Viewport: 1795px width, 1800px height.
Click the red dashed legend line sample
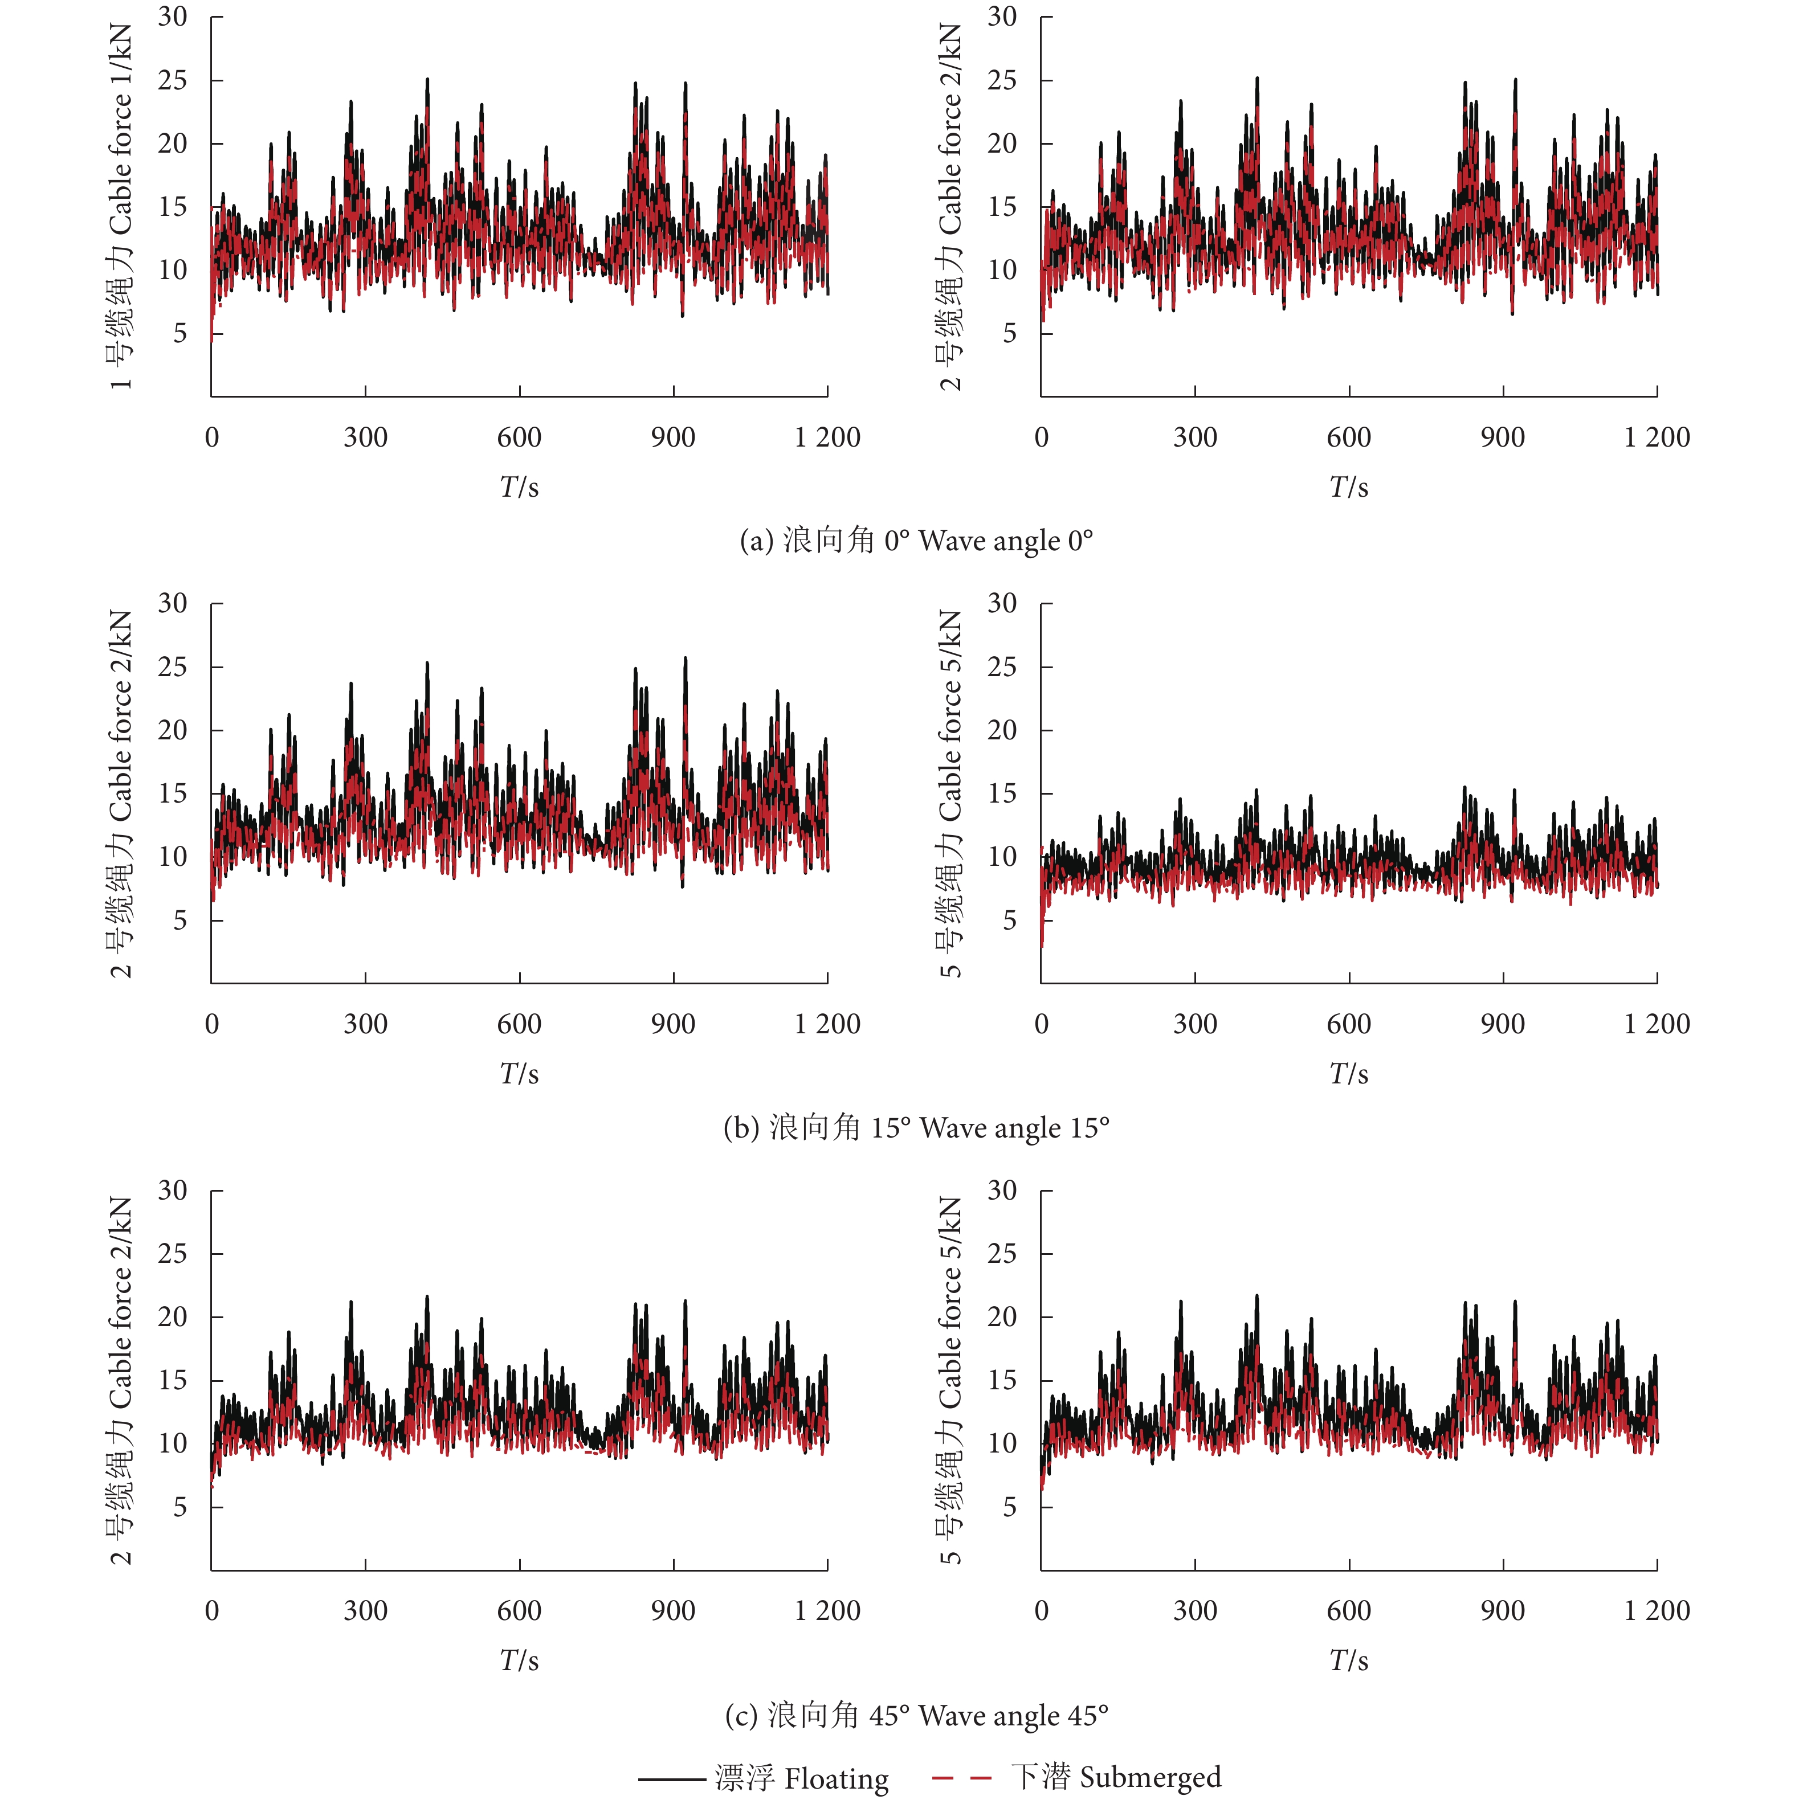point(962,1778)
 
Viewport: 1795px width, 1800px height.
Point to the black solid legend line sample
point(671,1778)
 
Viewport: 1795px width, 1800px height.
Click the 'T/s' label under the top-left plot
point(519,486)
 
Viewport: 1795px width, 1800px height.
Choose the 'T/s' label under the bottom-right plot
point(1349,1660)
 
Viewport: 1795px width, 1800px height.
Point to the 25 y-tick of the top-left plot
point(173,80)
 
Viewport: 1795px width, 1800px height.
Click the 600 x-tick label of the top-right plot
point(1349,437)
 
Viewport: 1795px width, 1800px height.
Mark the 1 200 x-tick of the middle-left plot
point(827,1024)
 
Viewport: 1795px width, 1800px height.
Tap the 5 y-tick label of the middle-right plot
point(1009,921)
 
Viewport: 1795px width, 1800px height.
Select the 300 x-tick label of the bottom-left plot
point(365,1611)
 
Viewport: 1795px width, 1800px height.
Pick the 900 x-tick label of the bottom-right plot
point(1502,1611)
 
